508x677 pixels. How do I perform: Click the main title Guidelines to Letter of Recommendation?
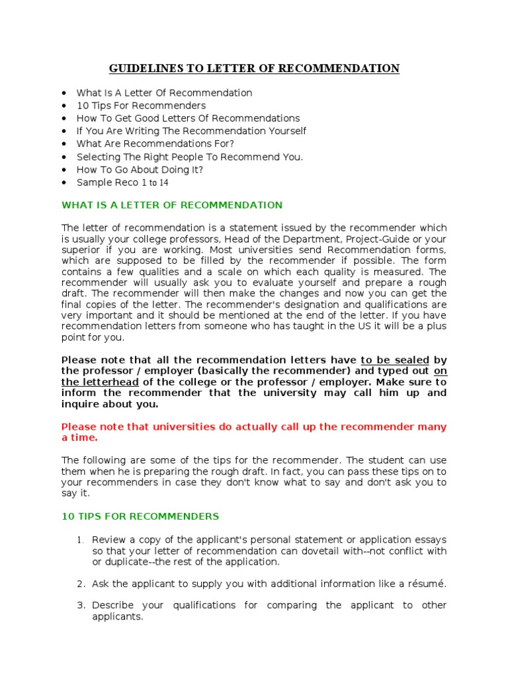254,69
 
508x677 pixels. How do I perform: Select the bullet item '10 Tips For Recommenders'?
141,106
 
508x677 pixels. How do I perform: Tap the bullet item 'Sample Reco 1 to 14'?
122,182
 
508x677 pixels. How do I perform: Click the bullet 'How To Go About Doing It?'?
140,170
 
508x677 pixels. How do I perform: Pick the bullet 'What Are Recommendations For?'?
155,144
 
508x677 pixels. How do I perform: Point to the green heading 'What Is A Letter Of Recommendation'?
172,205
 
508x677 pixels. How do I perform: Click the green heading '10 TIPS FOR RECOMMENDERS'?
140,516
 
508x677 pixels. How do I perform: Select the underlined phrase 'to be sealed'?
395,360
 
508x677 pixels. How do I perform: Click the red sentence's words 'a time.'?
79,438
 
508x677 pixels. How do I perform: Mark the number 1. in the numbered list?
81,540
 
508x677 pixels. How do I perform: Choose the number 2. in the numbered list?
81,584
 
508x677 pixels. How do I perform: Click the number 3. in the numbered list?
81,606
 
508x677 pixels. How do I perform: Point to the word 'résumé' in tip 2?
427,584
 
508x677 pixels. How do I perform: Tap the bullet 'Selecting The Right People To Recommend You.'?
190,157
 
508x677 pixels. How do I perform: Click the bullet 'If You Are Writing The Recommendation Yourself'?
191,132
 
